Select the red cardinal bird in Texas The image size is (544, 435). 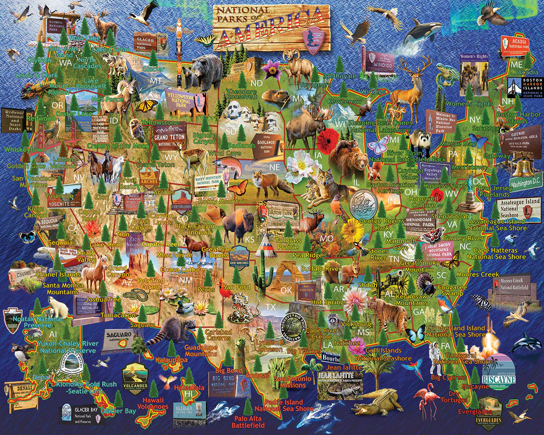click(222, 290)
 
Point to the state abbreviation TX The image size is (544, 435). click(271, 307)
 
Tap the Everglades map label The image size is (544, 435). click(475, 411)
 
